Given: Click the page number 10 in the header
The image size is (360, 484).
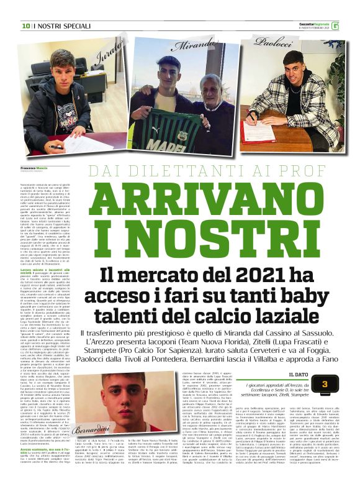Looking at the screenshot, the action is (x=25, y=26).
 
